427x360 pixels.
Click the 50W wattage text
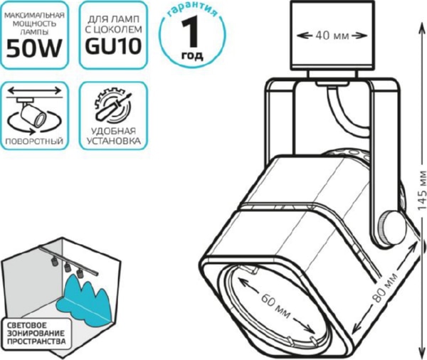click(34, 48)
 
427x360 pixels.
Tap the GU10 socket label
click(113, 46)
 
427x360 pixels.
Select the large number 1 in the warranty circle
click(191, 33)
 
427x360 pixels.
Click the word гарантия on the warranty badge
click(193, 11)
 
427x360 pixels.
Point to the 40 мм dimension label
click(332, 36)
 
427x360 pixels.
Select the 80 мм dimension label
click(386, 288)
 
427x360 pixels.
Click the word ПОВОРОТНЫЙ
click(34, 141)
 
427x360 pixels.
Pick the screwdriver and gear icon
click(112, 105)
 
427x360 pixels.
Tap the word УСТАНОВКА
click(113, 141)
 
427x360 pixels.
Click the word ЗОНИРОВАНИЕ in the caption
click(36, 333)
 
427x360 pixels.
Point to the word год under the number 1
click(192, 55)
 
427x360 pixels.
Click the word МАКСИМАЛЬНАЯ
click(35, 15)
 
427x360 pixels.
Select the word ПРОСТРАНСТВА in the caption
click(36, 342)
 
